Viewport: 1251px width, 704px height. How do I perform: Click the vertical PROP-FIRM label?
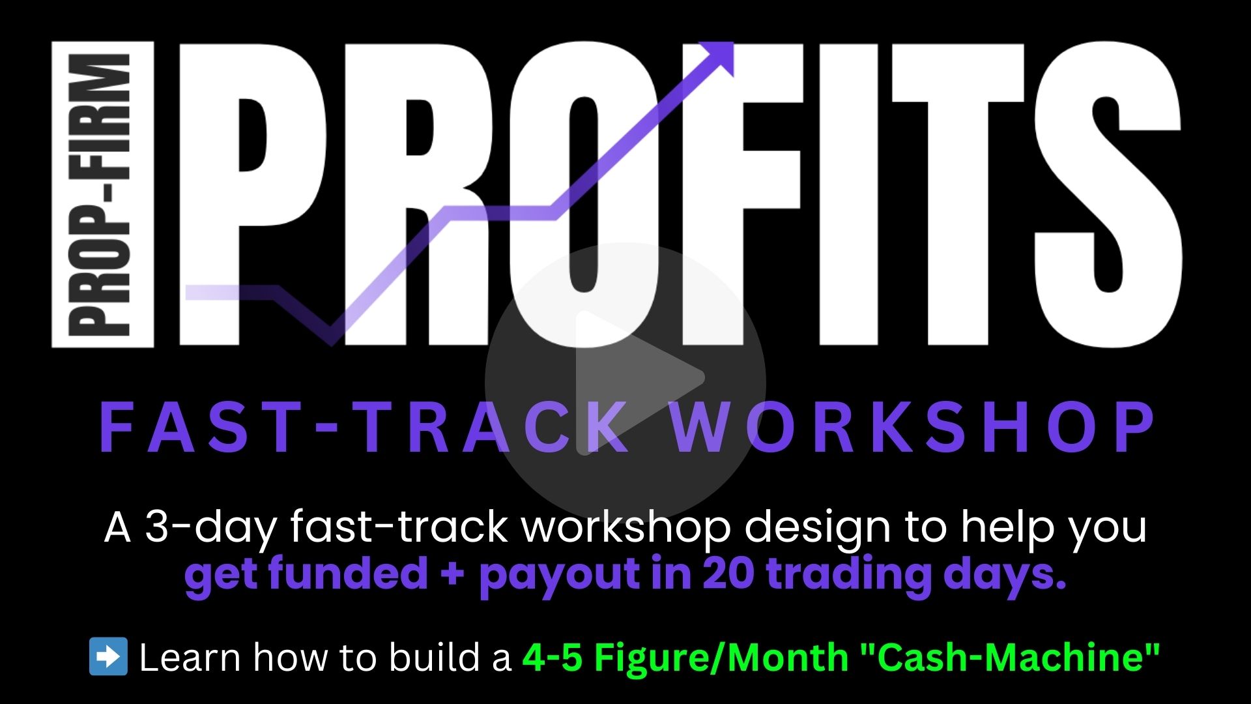(103, 194)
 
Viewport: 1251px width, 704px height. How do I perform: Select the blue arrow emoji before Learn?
(108, 656)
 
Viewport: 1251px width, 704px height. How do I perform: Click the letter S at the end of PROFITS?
(1108, 194)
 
